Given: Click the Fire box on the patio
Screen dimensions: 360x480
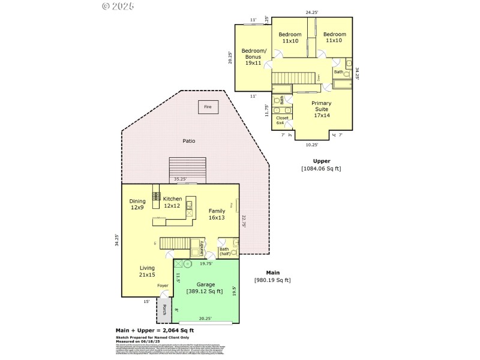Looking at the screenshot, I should [208, 107].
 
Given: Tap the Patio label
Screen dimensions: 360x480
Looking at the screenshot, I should [189, 141].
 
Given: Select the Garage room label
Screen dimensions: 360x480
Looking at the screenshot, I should [206, 284].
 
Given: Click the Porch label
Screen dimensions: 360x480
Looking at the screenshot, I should [164, 310].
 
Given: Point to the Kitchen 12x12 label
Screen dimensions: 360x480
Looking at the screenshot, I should [172, 202].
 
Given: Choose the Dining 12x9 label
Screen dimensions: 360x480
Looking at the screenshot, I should [137, 204].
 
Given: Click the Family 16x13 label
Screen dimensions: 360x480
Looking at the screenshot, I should [217, 214].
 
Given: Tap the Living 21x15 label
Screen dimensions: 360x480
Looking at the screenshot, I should [147, 271].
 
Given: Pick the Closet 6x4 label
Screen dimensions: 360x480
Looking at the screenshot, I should [282, 120].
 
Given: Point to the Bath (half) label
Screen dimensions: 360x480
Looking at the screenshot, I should [224, 251].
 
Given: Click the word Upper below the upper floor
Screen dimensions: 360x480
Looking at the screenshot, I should [321, 161].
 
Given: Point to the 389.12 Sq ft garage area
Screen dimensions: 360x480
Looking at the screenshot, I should [206, 292].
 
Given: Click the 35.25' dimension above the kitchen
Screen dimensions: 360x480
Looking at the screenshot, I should [180, 179].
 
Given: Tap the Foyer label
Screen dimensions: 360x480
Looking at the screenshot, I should [163, 286].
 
